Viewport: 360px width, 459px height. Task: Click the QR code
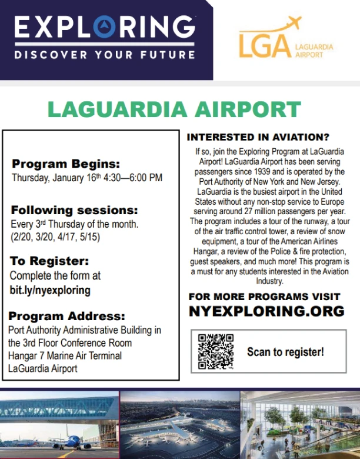click(x=216, y=352)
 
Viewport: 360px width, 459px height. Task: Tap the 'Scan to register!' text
click(x=285, y=352)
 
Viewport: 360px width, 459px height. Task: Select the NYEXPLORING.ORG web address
click(x=266, y=311)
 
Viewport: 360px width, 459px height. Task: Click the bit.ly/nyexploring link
click(x=50, y=290)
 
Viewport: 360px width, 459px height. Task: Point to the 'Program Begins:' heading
click(x=66, y=164)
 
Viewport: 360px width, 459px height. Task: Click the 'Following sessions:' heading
click(x=75, y=210)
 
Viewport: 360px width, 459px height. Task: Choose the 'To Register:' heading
click(x=49, y=261)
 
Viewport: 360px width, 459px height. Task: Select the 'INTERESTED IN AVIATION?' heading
click(x=258, y=137)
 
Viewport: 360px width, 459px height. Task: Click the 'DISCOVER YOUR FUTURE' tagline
click(x=105, y=55)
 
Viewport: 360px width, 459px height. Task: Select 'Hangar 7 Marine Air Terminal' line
click(x=65, y=355)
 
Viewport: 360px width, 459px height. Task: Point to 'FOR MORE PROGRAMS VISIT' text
click(x=264, y=296)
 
